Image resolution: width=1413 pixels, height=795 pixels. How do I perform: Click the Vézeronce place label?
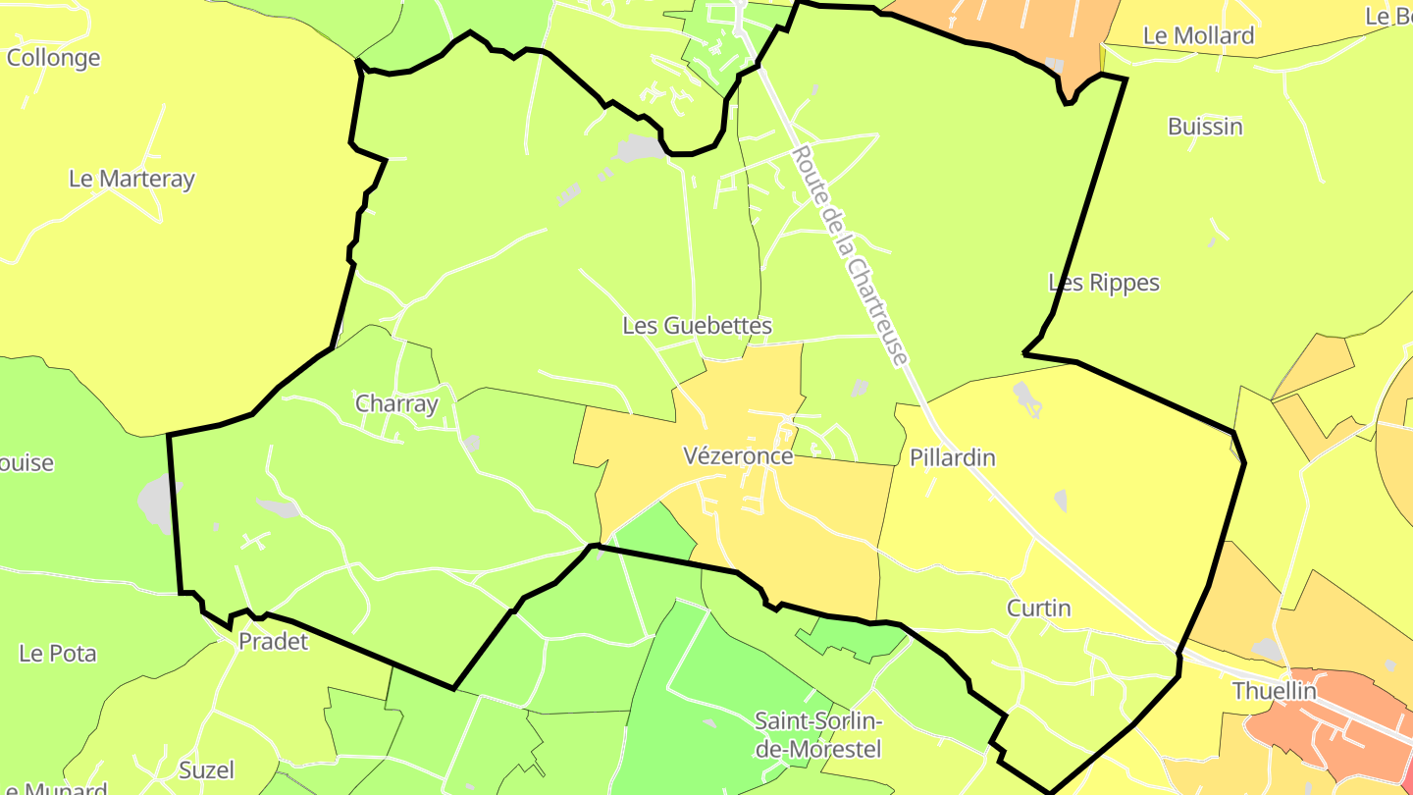tap(738, 456)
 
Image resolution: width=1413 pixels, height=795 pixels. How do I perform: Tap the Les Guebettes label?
tap(697, 326)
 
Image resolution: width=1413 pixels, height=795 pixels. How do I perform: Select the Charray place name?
tap(396, 403)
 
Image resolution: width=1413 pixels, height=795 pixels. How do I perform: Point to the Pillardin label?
tap(952, 457)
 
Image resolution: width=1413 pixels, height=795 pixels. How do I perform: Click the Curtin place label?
tap(1039, 609)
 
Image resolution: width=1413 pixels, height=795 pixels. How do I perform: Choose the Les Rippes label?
tap(1104, 283)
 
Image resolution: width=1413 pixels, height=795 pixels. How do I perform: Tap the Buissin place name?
tap(1205, 127)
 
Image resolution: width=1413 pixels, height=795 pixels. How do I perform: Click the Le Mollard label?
tap(1198, 36)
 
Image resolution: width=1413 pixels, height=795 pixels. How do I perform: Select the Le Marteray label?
tap(131, 179)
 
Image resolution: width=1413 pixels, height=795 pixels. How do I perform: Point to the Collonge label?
tap(53, 58)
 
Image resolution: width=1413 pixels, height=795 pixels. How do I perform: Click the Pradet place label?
tap(274, 642)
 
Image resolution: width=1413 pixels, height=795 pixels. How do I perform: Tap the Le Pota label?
tap(58, 653)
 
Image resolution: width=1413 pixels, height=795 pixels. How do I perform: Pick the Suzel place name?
tap(206, 769)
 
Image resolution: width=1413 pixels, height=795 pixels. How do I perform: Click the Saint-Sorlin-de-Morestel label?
tap(818, 735)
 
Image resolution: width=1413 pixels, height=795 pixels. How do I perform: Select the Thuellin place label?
tap(1274, 691)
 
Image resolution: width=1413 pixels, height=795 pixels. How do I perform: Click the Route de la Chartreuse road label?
tap(848, 257)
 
